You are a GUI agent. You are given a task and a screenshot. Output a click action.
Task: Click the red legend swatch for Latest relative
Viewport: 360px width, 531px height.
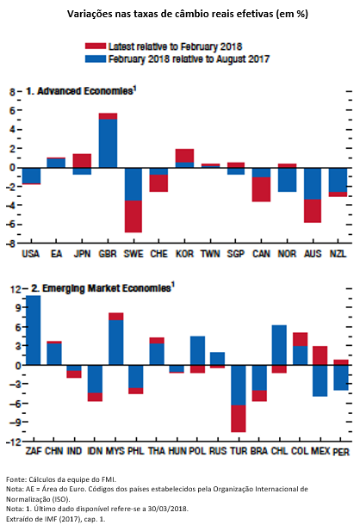pyautogui.click(x=96, y=46)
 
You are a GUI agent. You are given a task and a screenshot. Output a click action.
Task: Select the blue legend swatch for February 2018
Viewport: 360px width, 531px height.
pyautogui.click(x=96, y=59)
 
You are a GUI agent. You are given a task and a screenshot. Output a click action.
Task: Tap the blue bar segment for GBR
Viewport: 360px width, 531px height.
pyautogui.click(x=108, y=144)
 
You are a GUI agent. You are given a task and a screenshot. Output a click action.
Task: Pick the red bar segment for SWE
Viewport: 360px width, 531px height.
pyautogui.click(x=133, y=216)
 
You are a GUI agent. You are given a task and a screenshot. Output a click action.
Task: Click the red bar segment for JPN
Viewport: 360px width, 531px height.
pyautogui.click(x=82, y=161)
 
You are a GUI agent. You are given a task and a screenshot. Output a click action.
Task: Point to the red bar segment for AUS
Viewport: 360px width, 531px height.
pyautogui.click(x=313, y=211)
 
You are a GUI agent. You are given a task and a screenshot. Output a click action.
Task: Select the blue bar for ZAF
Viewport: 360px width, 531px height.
pyautogui.click(x=34, y=330)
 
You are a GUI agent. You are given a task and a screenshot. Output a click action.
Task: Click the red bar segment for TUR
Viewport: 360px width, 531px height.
pyautogui.click(x=239, y=418)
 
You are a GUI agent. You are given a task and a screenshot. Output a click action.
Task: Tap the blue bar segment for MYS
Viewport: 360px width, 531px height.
pyautogui.click(x=116, y=343)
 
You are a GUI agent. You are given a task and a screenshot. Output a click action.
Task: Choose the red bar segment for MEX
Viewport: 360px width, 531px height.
pyautogui.click(x=320, y=355)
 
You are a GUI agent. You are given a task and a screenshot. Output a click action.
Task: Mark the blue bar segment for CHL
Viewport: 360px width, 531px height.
pyautogui.click(x=279, y=345)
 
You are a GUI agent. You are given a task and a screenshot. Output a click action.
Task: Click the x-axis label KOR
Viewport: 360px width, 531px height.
pyautogui.click(x=184, y=254)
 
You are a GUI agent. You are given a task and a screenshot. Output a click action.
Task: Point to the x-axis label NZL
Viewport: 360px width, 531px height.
pyautogui.click(x=338, y=254)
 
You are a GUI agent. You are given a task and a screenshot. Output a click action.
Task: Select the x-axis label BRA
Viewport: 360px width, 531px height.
pyautogui.click(x=258, y=451)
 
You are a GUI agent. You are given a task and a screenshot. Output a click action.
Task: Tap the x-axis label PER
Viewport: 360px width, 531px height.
pyautogui.click(x=341, y=452)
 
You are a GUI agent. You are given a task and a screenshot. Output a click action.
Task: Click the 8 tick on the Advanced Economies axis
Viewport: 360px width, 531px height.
pyautogui.click(x=12, y=92)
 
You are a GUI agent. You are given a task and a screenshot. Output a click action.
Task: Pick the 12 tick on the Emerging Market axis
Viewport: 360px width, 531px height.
pyautogui.click(x=15, y=289)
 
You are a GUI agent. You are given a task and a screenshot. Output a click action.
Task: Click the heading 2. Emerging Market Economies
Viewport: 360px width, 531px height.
pyautogui.click(x=102, y=288)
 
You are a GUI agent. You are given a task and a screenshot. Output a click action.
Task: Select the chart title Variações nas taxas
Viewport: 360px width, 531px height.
pyautogui.click(x=188, y=14)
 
